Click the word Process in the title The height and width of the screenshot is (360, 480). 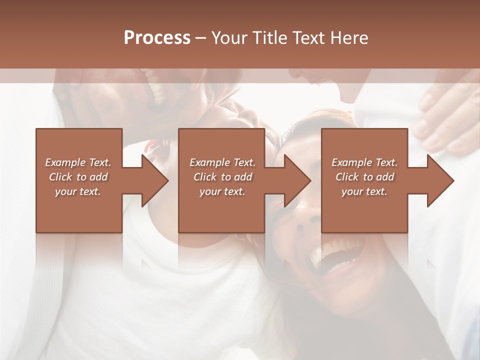pos(157,38)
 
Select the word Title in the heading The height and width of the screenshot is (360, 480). pos(268,38)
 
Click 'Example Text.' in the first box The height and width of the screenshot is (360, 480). pos(78,162)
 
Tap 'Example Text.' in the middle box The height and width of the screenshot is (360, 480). pos(222,162)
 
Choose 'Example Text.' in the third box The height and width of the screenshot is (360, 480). pos(364,162)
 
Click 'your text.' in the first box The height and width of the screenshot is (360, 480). pos(78,191)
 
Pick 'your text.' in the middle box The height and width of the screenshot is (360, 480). pos(222,191)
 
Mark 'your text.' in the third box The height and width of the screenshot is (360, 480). pos(364,191)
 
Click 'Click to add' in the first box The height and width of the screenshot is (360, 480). pos(78,177)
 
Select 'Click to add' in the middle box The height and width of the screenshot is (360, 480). pos(222,177)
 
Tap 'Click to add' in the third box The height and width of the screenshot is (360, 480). pos(364,177)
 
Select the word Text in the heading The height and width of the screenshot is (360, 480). pos(308,38)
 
